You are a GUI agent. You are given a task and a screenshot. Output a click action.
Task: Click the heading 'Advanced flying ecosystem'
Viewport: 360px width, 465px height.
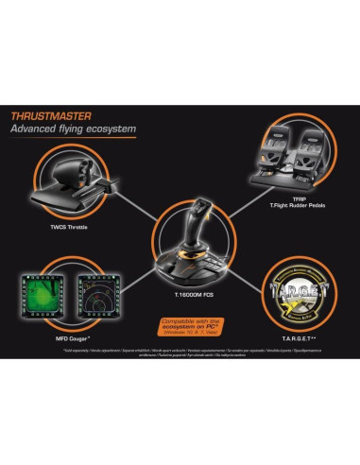coord(73,128)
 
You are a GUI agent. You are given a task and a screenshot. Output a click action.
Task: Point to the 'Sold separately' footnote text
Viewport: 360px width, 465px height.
coord(180,353)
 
